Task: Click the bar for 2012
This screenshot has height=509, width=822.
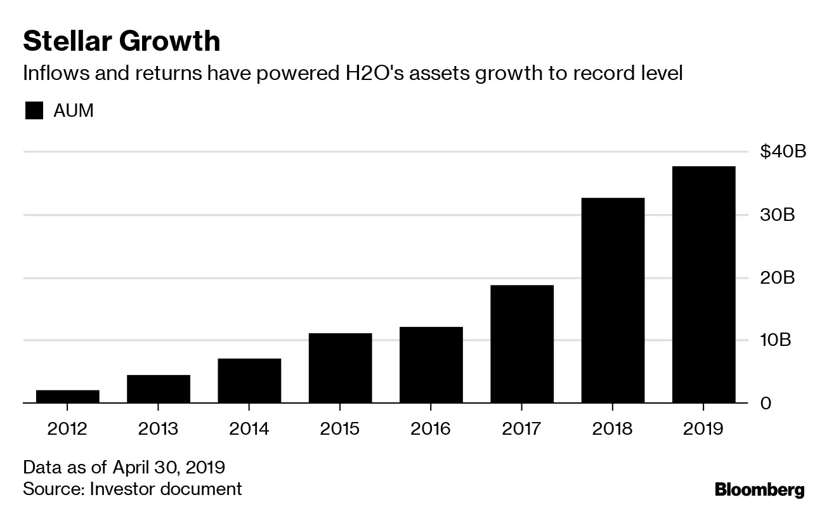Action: (x=68, y=397)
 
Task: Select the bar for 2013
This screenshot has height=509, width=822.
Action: (x=159, y=389)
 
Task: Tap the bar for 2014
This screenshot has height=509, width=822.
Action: (x=249, y=381)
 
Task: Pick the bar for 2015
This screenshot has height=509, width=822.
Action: (x=340, y=368)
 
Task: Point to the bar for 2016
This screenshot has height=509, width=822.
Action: (x=431, y=365)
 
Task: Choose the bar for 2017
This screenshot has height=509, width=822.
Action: (x=521, y=344)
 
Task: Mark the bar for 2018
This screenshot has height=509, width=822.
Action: (x=613, y=300)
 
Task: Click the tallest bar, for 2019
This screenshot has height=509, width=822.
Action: (x=703, y=284)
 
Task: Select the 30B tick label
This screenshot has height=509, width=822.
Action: (x=777, y=215)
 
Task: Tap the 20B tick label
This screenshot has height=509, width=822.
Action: (x=777, y=278)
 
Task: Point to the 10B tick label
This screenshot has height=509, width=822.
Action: (x=777, y=341)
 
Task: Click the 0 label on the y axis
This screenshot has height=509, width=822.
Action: (x=766, y=404)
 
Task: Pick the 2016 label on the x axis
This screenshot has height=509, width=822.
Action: (x=431, y=429)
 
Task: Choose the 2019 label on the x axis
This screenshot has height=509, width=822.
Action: (x=703, y=429)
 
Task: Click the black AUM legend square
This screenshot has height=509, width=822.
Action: (x=34, y=111)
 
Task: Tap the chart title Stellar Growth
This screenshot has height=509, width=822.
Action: (x=122, y=42)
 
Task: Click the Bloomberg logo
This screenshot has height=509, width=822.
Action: (x=759, y=490)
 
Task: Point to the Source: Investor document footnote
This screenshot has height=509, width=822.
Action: (x=133, y=489)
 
